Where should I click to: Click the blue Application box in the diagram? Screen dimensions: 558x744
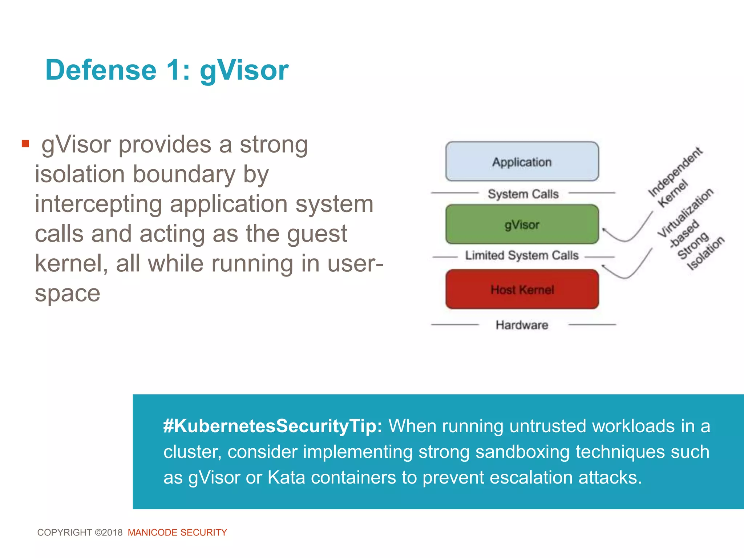point(522,162)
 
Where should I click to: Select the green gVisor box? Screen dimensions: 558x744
point(522,225)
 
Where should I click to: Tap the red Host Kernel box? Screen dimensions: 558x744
point(522,290)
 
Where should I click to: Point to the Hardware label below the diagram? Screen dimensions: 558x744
point(522,325)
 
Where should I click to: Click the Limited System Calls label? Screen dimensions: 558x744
point(522,255)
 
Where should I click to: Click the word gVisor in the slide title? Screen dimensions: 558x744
point(244,70)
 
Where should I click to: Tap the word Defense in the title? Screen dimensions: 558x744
point(101,70)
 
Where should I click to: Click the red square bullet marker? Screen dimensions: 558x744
point(25,144)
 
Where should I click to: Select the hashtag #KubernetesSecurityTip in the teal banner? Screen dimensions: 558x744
point(272,426)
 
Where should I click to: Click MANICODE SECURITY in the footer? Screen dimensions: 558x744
point(177,533)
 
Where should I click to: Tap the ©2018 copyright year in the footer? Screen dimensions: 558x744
point(109,533)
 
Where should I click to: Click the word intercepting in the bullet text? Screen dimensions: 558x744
point(98,204)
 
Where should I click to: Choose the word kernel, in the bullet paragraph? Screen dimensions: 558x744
point(71,263)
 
